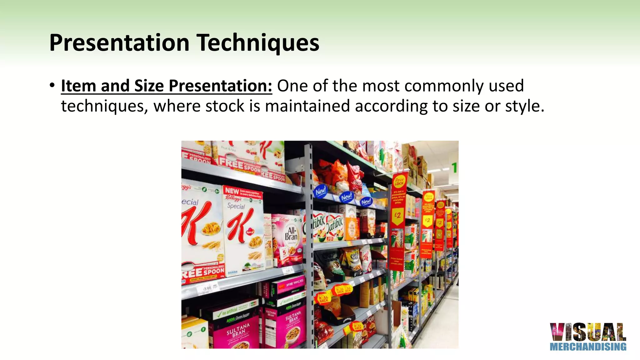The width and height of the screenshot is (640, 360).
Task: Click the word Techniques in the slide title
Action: pos(258,43)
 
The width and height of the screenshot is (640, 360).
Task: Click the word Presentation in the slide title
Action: pos(119,43)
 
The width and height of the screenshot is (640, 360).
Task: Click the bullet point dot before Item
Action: pos(52,85)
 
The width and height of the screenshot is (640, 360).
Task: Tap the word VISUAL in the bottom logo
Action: pos(588,332)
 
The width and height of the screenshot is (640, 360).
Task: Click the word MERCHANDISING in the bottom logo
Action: pos(588,347)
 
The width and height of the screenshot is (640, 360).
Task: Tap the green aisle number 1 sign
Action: pos(454,167)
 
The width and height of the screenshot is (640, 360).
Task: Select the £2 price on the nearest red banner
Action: pos(397,216)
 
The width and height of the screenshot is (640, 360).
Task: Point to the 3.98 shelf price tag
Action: pos(207,288)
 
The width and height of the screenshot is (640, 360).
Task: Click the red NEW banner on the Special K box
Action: pos(232,190)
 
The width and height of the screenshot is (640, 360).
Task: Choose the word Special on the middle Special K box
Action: pos(236,206)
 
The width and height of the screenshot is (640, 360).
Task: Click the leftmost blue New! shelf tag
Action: pos(321,191)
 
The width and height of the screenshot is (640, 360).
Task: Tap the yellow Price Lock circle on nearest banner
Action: pos(399,181)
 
